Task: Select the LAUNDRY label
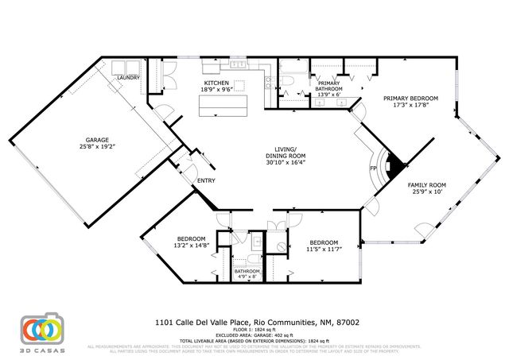(x=128, y=77)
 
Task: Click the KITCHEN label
(x=217, y=83)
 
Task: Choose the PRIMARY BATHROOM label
(x=328, y=87)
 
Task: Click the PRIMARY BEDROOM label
(x=410, y=99)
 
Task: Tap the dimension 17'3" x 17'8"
(x=410, y=106)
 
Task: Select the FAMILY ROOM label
(x=427, y=184)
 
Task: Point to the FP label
(x=373, y=169)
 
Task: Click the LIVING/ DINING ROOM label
(x=286, y=153)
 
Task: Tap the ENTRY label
(x=206, y=180)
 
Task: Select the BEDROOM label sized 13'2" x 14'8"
(x=192, y=239)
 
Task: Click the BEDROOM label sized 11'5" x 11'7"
(x=324, y=242)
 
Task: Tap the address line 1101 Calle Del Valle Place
(x=256, y=323)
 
